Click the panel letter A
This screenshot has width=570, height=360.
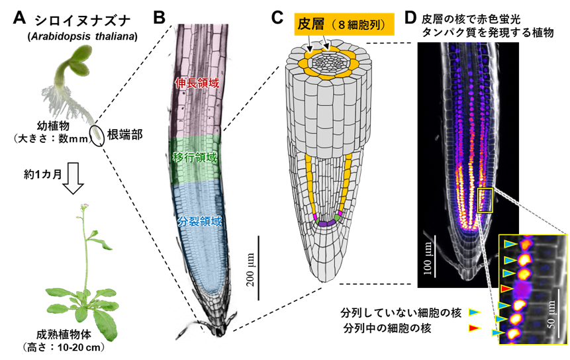[x=19, y=17]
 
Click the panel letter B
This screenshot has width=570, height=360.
[x=160, y=17]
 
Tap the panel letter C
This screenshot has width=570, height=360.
[x=277, y=17]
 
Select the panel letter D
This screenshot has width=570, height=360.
[x=410, y=17]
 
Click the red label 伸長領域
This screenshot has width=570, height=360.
[x=197, y=83]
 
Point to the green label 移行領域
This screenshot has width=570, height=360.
[x=195, y=157]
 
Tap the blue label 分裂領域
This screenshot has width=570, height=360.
[x=199, y=221]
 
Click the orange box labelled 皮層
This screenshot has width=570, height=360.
[x=344, y=24]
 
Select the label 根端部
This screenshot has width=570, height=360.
[x=124, y=135]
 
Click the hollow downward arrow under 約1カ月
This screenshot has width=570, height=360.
[x=73, y=179]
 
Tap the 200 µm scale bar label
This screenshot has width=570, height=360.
[x=250, y=269]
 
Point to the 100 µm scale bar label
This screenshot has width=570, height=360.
[x=428, y=258]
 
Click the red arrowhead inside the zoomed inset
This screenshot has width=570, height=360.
[x=506, y=289]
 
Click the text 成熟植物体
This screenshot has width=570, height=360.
[x=64, y=335]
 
